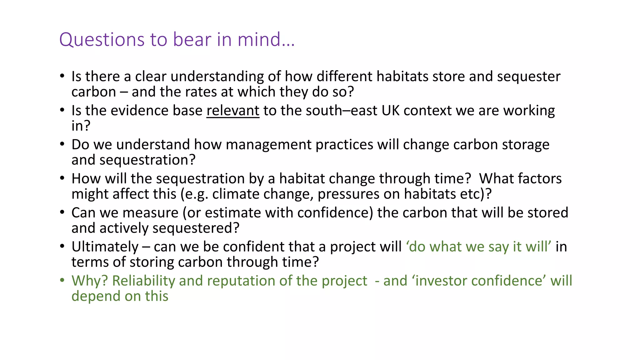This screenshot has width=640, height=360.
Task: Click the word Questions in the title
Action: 102,40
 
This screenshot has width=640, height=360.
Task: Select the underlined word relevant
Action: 233,111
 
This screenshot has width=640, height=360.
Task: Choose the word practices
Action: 344,145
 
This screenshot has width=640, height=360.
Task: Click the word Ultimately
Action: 105,247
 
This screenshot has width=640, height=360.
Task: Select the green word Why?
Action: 90,281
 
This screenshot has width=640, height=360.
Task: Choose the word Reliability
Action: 143,281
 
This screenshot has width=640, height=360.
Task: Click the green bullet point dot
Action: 62,280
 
